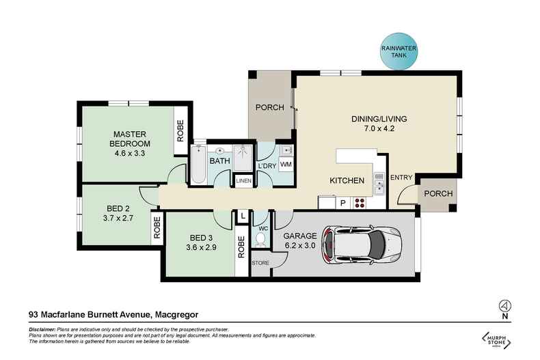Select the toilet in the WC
(x=260, y=238)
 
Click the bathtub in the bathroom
(x=199, y=163)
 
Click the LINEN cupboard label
(x=243, y=180)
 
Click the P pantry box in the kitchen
(x=343, y=202)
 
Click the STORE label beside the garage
(x=260, y=262)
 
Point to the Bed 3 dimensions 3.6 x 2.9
(x=202, y=249)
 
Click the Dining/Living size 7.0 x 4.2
(x=375, y=128)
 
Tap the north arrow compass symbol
(x=504, y=305)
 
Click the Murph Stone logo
(x=498, y=340)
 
